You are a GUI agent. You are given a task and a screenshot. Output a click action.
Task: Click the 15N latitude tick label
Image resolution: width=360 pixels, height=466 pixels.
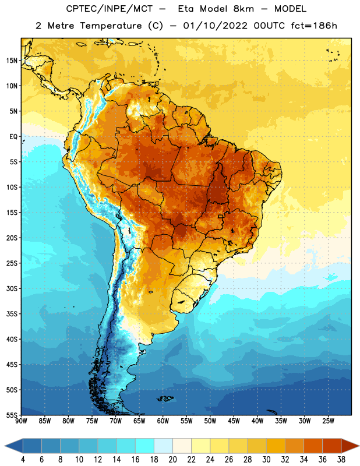pos(12,61)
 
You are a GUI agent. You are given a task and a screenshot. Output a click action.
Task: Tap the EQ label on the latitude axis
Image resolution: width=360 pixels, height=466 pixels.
pos(13,137)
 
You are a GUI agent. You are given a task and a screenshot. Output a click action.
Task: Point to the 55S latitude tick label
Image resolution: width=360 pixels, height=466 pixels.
pos(12,415)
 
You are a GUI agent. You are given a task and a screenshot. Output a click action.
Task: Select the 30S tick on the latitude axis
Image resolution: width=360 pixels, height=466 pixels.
pos(12,288)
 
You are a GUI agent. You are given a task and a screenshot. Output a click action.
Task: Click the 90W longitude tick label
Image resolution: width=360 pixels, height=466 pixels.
pos(21,421)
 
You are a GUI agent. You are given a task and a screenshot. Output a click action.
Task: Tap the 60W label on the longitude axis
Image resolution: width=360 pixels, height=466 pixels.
pos(163,421)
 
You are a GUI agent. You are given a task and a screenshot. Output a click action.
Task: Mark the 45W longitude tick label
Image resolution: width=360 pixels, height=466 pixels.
pos(234,421)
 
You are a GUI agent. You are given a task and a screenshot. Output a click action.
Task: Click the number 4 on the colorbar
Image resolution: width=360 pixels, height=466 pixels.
pos(23,460)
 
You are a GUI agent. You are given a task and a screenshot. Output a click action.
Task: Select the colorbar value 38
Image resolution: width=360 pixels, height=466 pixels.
pos(341,460)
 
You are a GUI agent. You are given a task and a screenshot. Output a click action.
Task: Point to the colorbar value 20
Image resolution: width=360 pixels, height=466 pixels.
pos(172,460)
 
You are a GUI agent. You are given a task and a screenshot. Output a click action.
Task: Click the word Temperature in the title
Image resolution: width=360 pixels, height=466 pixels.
pos(111,26)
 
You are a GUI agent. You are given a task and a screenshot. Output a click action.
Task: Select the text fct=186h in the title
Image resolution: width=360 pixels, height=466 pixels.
pos(314,26)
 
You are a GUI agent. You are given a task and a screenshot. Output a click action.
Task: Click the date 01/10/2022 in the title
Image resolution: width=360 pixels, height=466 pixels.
pos(215,26)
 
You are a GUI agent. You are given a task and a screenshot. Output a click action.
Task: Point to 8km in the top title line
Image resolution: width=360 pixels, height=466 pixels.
pos(243,9)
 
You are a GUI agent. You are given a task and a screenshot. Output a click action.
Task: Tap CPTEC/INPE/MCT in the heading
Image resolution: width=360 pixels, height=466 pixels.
pos(110,9)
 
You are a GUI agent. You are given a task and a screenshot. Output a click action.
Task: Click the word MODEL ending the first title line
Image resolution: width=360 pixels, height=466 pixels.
pos(291,9)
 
